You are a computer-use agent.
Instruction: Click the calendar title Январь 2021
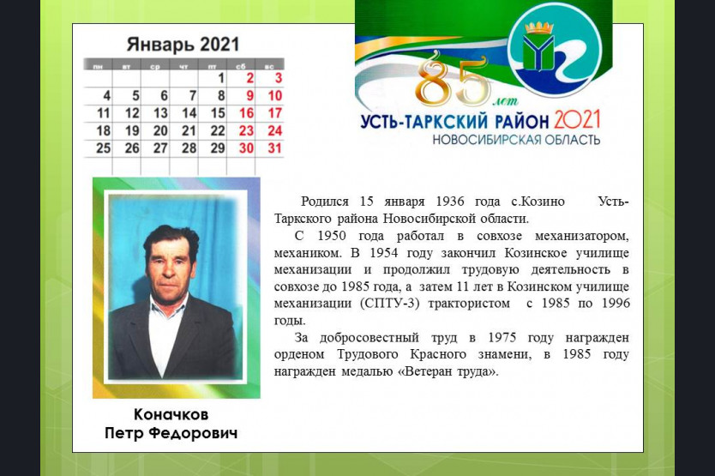(183, 45)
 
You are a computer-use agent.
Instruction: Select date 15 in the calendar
(218, 112)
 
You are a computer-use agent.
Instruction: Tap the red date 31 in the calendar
(275, 148)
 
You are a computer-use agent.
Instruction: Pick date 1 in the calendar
(221, 78)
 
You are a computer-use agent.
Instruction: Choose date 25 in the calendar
(104, 148)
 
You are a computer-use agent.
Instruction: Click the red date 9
(249, 96)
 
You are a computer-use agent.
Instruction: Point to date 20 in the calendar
(160, 131)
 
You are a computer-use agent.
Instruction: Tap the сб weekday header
(241, 67)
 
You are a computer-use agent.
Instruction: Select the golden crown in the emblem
(539, 29)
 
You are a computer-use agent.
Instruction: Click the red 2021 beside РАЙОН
(577, 120)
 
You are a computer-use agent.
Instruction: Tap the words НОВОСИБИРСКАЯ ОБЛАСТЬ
(516, 139)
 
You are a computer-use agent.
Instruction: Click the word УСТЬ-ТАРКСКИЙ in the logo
(424, 122)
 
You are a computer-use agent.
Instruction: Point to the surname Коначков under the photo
(171, 414)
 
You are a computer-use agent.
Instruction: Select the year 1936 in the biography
(449, 202)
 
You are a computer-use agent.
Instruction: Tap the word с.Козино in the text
(538, 202)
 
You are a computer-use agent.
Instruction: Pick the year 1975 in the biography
(502, 338)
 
